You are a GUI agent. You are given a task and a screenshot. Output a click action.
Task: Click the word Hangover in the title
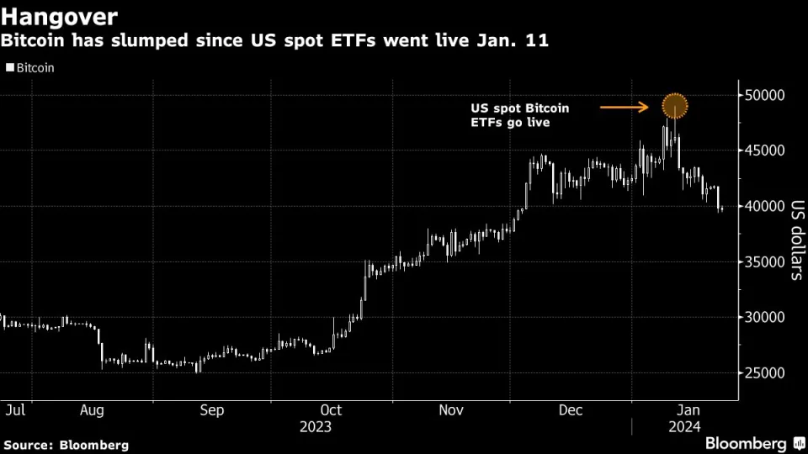coord(59,16)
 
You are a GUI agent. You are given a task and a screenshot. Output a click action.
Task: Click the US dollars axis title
coord(794,239)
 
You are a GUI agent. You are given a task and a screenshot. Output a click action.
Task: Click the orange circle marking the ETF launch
coord(675,106)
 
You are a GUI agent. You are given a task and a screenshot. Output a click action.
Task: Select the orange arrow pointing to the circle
coord(624,107)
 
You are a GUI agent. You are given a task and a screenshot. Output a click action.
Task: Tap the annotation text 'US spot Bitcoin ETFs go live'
coord(519,116)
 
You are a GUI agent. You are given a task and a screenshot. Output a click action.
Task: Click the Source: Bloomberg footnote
coord(66,444)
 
